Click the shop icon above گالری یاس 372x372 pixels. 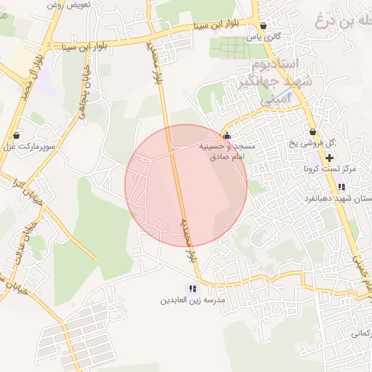(x=263, y=25)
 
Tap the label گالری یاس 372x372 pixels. (x=263, y=36)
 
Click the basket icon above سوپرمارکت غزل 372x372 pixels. (x=16, y=135)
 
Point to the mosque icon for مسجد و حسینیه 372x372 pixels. (x=227, y=134)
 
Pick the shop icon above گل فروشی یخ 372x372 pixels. (x=312, y=132)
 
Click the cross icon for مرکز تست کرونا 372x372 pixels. (x=331, y=157)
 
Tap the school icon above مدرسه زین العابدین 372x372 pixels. (x=193, y=288)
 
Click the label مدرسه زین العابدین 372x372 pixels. (x=193, y=299)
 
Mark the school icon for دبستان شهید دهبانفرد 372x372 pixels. (x=341, y=187)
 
